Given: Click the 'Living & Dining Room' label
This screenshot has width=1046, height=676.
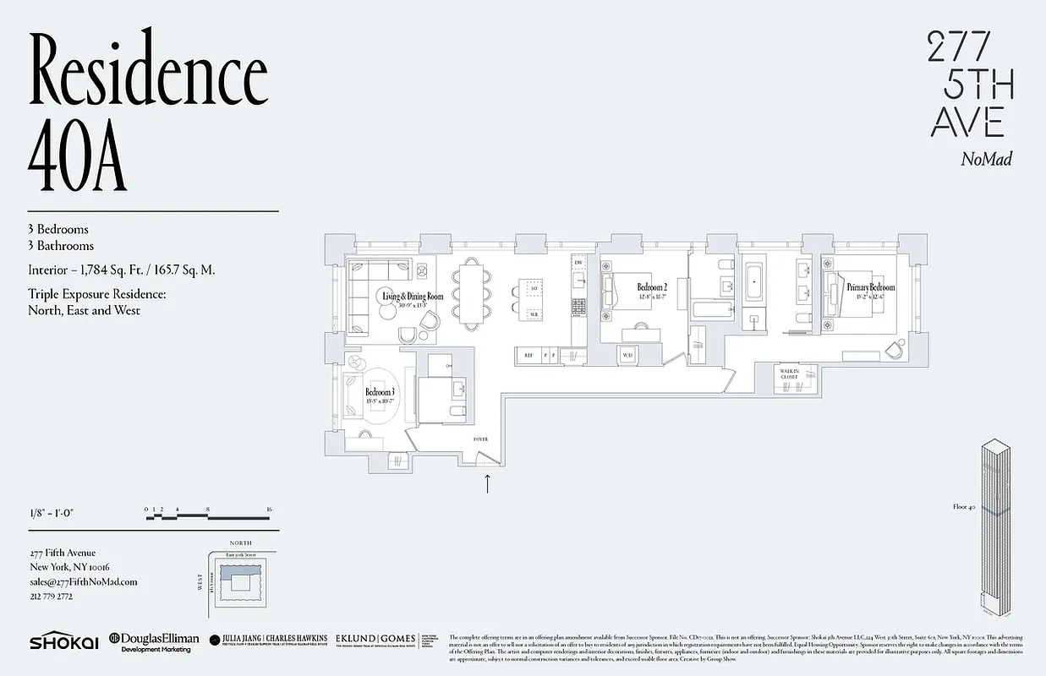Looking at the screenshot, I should [x=413, y=297].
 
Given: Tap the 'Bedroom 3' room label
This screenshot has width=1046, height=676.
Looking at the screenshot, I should [x=380, y=393].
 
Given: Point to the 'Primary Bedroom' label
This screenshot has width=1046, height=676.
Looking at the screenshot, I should [x=870, y=288].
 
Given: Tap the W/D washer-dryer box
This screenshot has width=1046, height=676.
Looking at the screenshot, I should [x=627, y=356].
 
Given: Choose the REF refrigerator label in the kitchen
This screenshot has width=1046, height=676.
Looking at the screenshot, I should [x=528, y=356].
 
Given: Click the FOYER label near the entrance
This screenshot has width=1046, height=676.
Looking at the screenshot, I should [x=481, y=439].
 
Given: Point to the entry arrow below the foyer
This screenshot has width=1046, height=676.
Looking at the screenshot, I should [x=487, y=484].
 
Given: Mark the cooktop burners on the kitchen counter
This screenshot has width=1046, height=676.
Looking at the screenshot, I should [x=579, y=305].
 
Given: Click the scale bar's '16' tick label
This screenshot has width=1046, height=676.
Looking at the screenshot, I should [x=268, y=510].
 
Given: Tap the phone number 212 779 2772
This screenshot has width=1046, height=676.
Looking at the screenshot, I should [x=51, y=596].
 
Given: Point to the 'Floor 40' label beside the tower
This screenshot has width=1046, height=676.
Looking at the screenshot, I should [x=963, y=508].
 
